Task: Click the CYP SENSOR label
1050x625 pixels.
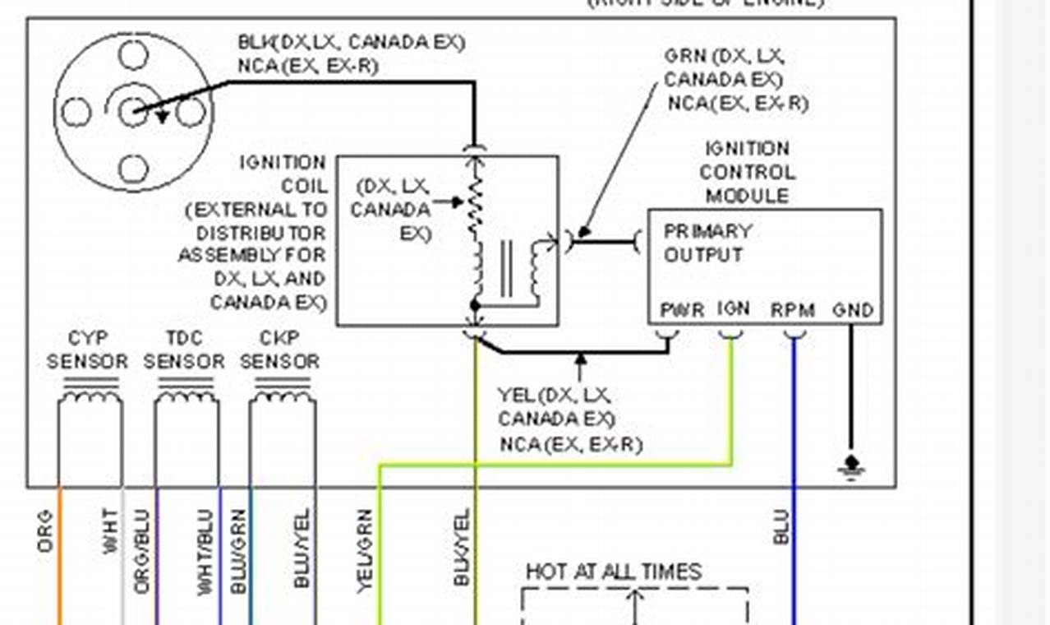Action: pyautogui.click(x=87, y=350)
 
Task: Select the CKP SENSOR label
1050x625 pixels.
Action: pyautogui.click(x=279, y=350)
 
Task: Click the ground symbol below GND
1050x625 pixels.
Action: pyautogui.click(x=851, y=466)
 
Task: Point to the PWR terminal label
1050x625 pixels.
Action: pyautogui.click(x=682, y=311)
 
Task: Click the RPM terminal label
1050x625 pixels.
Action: pyautogui.click(x=792, y=311)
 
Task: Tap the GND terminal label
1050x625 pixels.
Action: pyautogui.click(x=853, y=311)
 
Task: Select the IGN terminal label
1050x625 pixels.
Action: pyautogui.click(x=733, y=309)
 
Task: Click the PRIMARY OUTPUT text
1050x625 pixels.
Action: pyautogui.click(x=707, y=243)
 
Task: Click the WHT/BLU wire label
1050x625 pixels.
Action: pyautogui.click(x=205, y=552)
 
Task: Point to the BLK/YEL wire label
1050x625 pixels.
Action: pyautogui.click(x=461, y=548)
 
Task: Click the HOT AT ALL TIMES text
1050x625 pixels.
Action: pyautogui.click(x=614, y=572)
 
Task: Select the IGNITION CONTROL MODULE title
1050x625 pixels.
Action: pyautogui.click(x=747, y=173)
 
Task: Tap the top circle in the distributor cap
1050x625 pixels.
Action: pyautogui.click(x=133, y=55)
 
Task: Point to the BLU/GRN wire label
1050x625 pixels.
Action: pyautogui.click(x=239, y=552)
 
